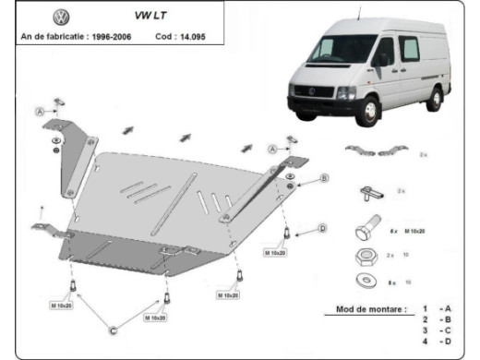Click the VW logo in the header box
(62, 17)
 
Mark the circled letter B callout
(325, 177)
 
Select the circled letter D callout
(322, 227)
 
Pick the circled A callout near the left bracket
(41, 112)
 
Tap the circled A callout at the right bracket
(273, 149)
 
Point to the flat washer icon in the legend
(365, 278)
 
